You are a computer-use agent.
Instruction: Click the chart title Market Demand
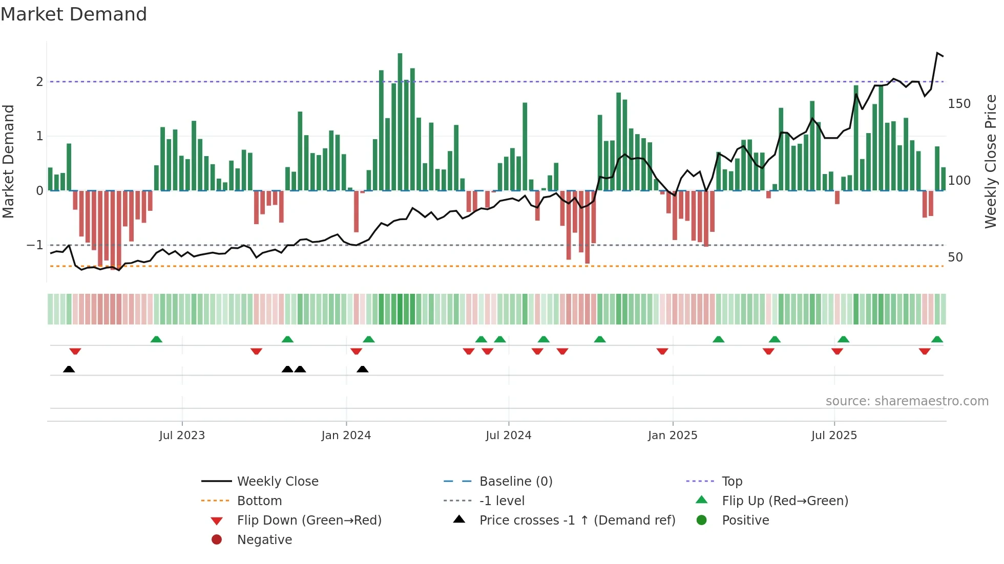(x=74, y=14)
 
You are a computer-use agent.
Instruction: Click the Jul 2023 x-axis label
(x=182, y=436)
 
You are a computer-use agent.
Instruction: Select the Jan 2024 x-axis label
(x=346, y=436)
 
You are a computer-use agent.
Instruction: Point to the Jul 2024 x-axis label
(x=509, y=436)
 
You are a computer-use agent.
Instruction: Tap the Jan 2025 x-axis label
(x=673, y=436)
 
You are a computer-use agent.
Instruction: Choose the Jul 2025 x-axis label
(x=834, y=436)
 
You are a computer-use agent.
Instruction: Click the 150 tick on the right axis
(x=959, y=104)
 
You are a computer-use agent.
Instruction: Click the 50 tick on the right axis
(x=955, y=257)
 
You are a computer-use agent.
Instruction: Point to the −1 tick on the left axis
(x=35, y=245)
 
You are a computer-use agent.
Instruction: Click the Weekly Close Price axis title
(x=991, y=161)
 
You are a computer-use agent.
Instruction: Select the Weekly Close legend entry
(x=277, y=482)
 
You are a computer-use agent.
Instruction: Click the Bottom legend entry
(x=259, y=501)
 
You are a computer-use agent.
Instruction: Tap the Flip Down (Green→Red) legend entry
(x=309, y=520)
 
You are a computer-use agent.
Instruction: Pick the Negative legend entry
(x=264, y=540)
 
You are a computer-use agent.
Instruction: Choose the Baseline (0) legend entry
(x=515, y=482)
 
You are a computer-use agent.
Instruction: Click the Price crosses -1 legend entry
(x=577, y=520)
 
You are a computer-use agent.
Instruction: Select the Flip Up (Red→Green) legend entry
(x=785, y=501)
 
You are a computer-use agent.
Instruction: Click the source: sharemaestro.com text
(x=907, y=401)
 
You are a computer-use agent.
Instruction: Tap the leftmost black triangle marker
(x=69, y=369)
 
